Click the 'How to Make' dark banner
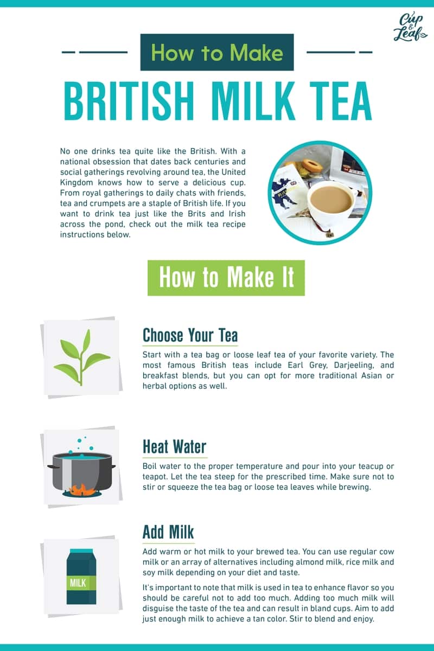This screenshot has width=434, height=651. pyautogui.click(x=217, y=53)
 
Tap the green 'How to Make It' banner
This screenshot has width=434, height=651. pyautogui.click(x=226, y=278)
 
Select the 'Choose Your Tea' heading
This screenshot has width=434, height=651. pyautogui.click(x=190, y=335)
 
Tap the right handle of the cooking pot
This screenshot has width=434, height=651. pyautogui.click(x=111, y=466)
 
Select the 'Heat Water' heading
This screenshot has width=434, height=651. pyautogui.click(x=174, y=447)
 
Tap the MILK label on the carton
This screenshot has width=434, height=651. pyautogui.click(x=81, y=583)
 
